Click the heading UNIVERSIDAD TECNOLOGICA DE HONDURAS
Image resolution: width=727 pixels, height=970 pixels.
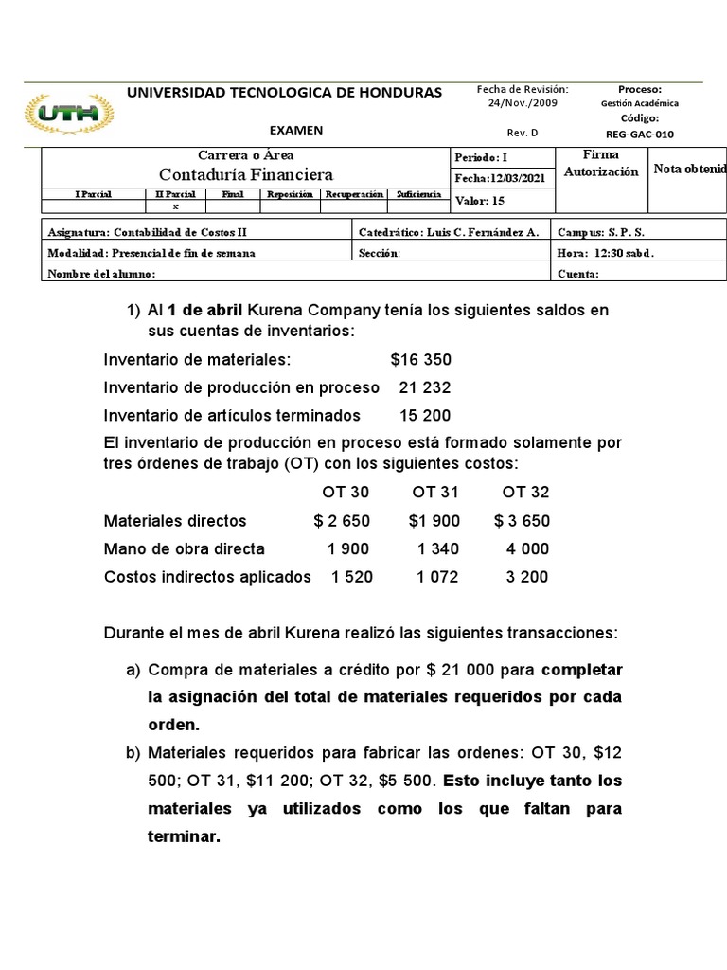pyautogui.click(x=284, y=92)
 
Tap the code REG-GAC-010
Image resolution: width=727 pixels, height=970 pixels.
pyautogui.click(x=639, y=134)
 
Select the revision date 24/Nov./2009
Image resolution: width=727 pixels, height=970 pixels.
pyautogui.click(x=523, y=103)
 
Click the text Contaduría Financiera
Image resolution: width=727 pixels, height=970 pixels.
pyautogui.click(x=246, y=174)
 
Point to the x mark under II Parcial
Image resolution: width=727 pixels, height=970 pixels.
pyautogui.click(x=175, y=206)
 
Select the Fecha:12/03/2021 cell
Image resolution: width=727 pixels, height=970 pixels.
pyautogui.click(x=500, y=177)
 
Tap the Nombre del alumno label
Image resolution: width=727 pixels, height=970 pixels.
pyautogui.click(x=101, y=274)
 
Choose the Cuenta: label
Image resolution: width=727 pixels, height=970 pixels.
pyautogui.click(x=578, y=274)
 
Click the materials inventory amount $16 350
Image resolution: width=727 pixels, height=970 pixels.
pyautogui.click(x=420, y=360)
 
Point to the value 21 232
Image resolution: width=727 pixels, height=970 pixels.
pyautogui.click(x=425, y=387)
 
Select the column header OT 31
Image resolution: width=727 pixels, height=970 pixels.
pyautogui.click(x=434, y=493)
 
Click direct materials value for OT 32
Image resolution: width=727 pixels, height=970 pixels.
pyautogui.click(x=522, y=521)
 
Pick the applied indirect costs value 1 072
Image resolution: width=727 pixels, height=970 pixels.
pyautogui.click(x=435, y=576)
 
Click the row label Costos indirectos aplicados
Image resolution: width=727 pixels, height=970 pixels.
pyautogui.click(x=207, y=576)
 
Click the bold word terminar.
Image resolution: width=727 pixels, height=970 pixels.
pyautogui.click(x=184, y=836)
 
